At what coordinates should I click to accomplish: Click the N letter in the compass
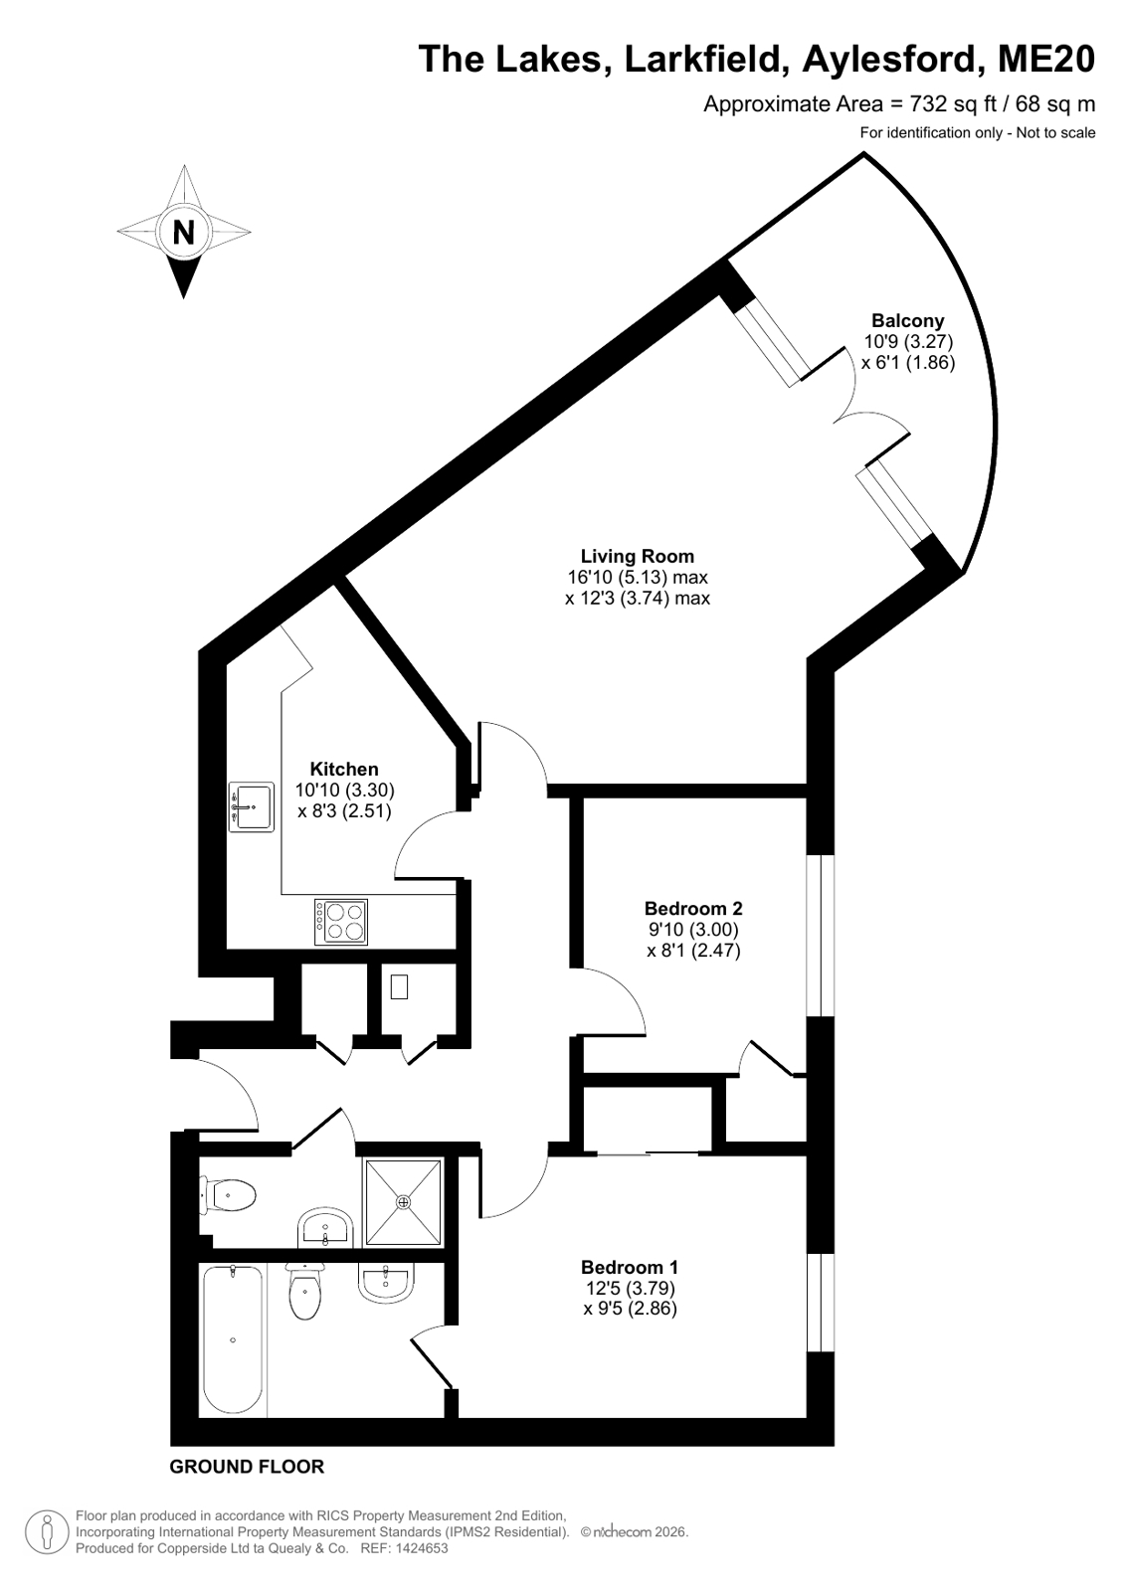pyautogui.click(x=184, y=232)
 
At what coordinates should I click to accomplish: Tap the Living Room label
pyautogui.click(x=637, y=556)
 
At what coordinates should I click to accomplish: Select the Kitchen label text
pyautogui.click(x=344, y=769)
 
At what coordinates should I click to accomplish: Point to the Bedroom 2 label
pyautogui.click(x=693, y=908)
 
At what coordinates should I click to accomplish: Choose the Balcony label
pyautogui.click(x=908, y=320)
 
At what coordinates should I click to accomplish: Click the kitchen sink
pyautogui.click(x=252, y=806)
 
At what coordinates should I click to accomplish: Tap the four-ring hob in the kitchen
pyautogui.click(x=341, y=922)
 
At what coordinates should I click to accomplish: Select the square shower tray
pyautogui.click(x=404, y=1202)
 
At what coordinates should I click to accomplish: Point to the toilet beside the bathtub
pyautogui.click(x=305, y=1291)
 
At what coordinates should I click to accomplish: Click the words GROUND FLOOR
pyautogui.click(x=247, y=1467)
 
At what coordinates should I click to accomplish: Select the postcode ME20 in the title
pyautogui.click(x=1046, y=59)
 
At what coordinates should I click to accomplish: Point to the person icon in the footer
pyautogui.click(x=48, y=1533)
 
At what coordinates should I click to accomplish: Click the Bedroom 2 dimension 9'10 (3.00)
pyautogui.click(x=693, y=929)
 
